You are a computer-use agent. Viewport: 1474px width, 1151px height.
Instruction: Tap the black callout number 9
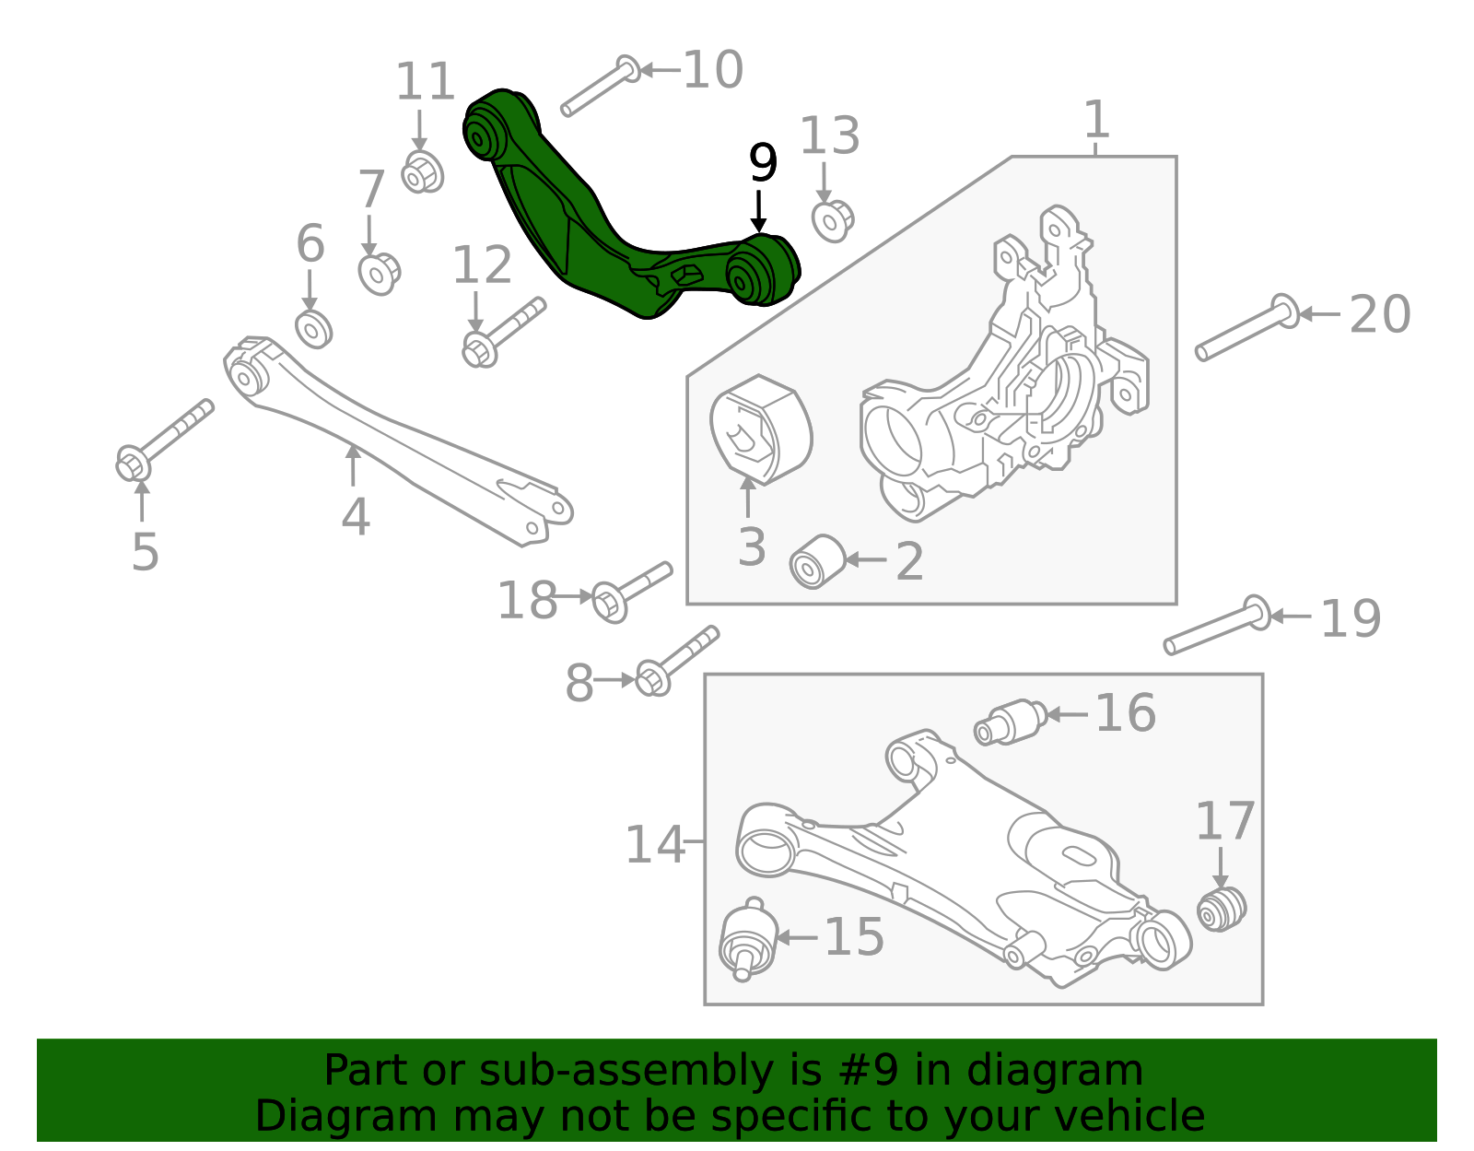coord(763,163)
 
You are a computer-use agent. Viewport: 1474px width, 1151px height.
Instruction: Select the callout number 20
coord(1379,315)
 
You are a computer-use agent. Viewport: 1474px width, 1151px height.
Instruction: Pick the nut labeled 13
coord(833,220)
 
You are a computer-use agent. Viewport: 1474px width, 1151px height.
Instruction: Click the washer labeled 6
coord(313,329)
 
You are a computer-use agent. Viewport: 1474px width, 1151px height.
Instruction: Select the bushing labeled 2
coord(817,560)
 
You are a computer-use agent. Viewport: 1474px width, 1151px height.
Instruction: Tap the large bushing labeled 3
coord(761,429)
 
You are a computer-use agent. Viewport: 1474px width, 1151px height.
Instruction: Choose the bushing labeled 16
coord(1011,722)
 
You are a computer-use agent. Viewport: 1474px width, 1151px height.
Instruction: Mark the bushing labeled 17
coord(1222,908)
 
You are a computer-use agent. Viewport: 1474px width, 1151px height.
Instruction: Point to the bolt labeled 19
coord(1216,626)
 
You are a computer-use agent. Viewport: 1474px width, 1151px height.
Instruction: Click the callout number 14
coord(654,844)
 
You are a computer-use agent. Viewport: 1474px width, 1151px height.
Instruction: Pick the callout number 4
coord(356,517)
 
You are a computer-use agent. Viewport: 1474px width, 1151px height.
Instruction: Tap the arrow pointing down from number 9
coord(758,210)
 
